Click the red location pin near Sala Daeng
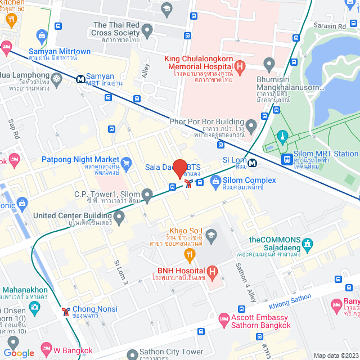(180, 169)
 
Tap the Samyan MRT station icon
(82, 79)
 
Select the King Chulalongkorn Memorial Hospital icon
(241, 68)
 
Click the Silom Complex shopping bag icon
(215, 181)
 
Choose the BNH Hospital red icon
(212, 273)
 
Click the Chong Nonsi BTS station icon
(66, 310)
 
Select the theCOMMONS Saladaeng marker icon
(307, 245)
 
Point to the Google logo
(19, 353)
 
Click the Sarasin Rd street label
(330, 26)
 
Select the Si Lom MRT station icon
(254, 163)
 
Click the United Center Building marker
(119, 216)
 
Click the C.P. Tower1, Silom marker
(147, 195)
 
